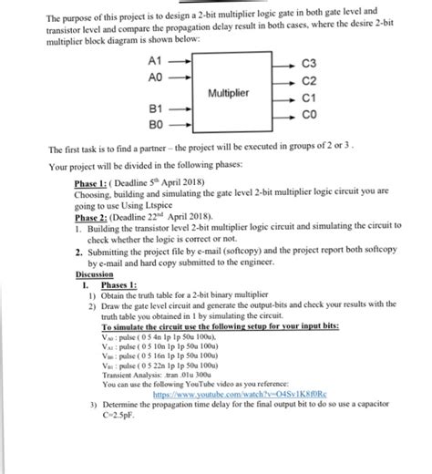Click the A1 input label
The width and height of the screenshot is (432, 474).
[x=154, y=62]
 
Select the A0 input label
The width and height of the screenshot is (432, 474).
[x=154, y=77]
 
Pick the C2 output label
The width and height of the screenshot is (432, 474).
[x=307, y=81]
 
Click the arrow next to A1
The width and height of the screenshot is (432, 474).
[x=181, y=62]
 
